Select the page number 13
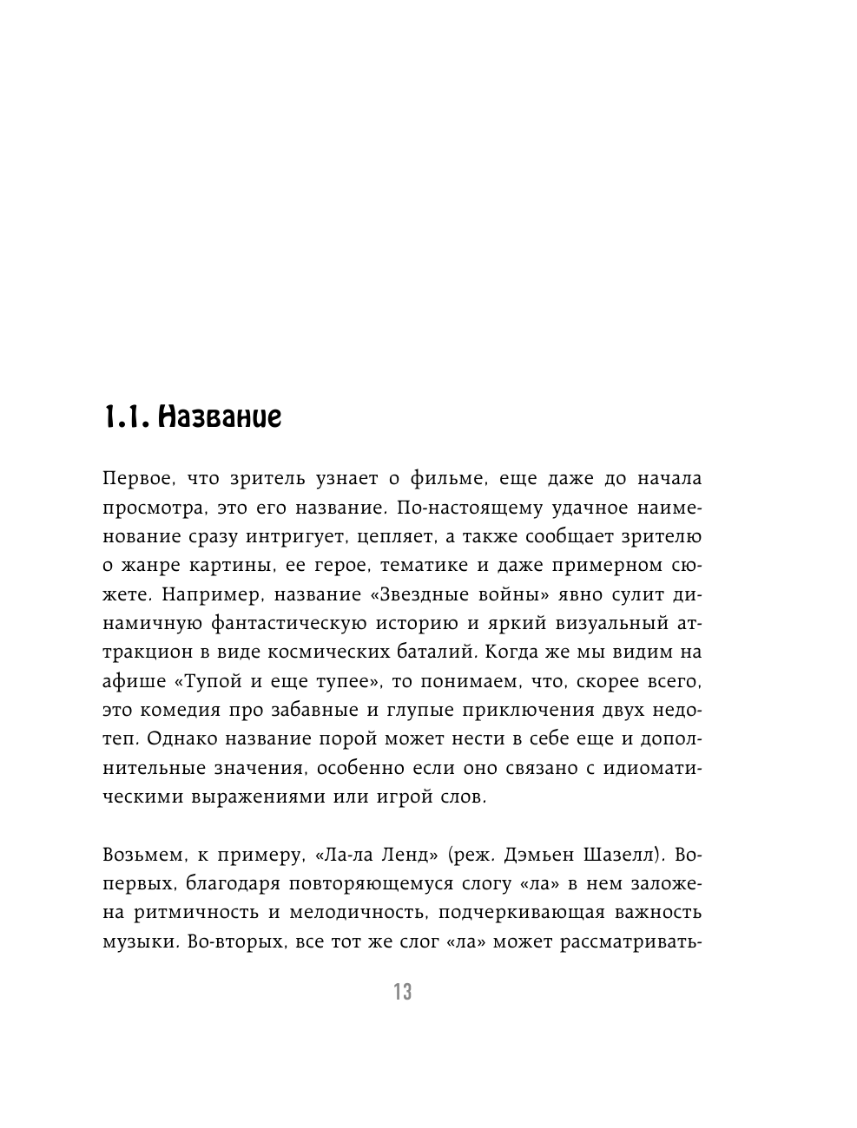(x=402, y=992)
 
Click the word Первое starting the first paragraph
(x=135, y=479)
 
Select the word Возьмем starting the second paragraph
(x=140, y=856)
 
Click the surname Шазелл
(x=620, y=856)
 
